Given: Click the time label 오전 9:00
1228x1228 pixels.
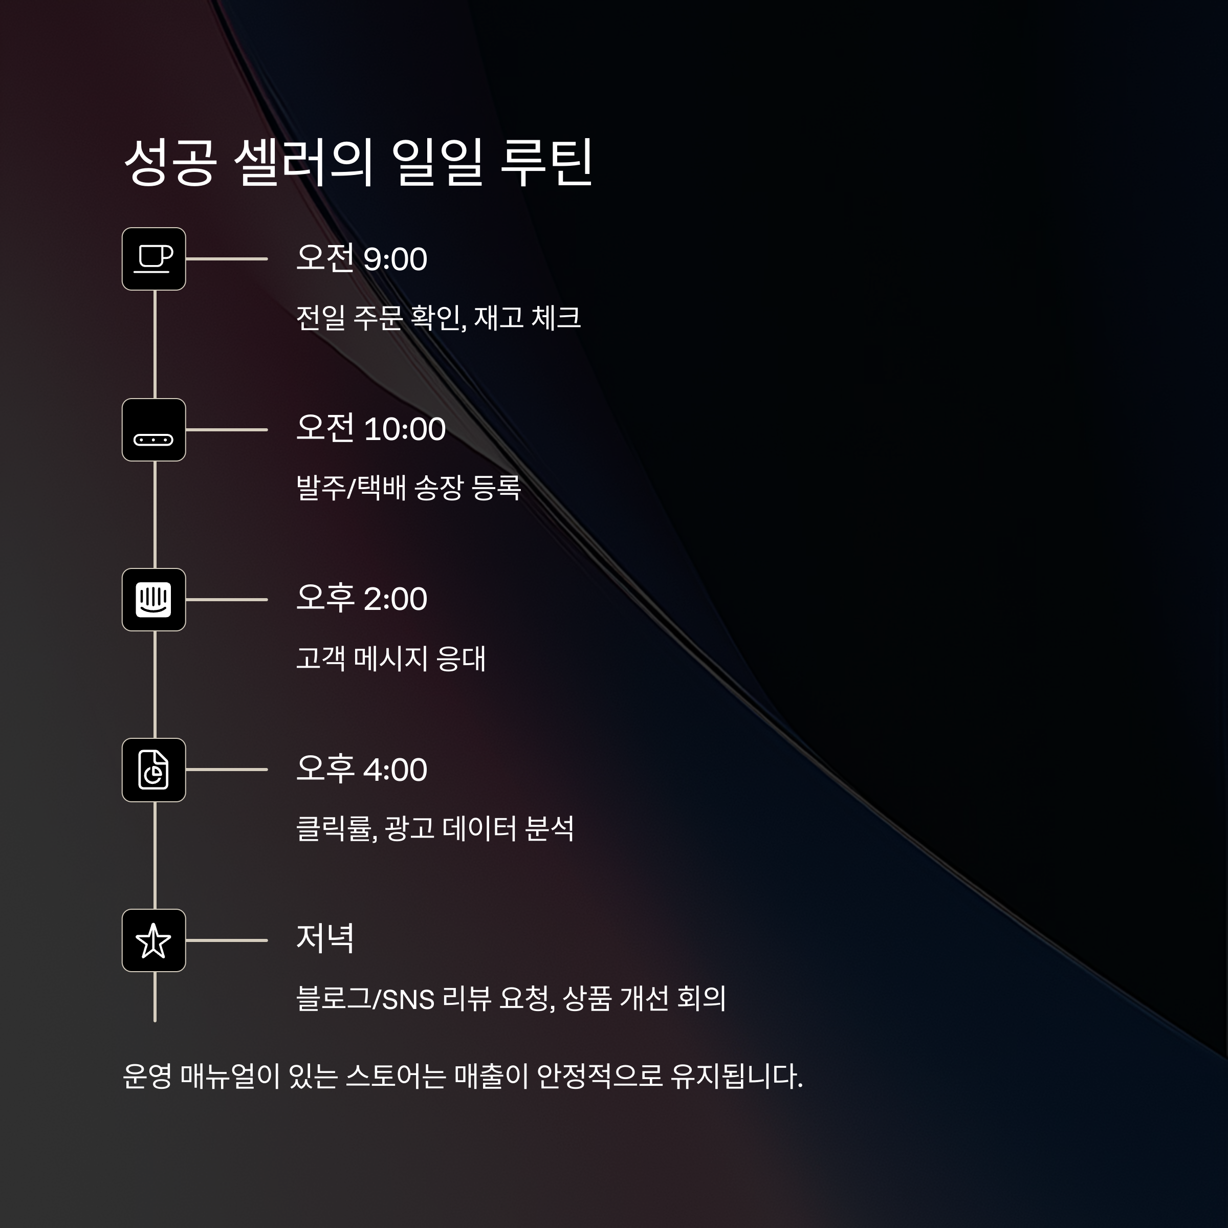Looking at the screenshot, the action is point(362,259).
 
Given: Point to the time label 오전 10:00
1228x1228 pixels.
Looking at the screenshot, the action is point(370,429).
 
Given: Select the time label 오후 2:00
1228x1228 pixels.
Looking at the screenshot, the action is point(362,599).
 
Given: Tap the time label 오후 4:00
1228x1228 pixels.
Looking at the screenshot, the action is point(362,769).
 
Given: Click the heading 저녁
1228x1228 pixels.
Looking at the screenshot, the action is point(325,939).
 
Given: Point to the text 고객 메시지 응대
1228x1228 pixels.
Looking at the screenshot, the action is point(391,659).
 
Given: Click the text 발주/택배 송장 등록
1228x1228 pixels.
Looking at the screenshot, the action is point(408,488).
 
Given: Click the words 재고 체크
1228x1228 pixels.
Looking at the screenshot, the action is point(528,318).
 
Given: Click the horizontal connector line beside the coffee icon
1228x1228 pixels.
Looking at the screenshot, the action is point(226,259).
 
